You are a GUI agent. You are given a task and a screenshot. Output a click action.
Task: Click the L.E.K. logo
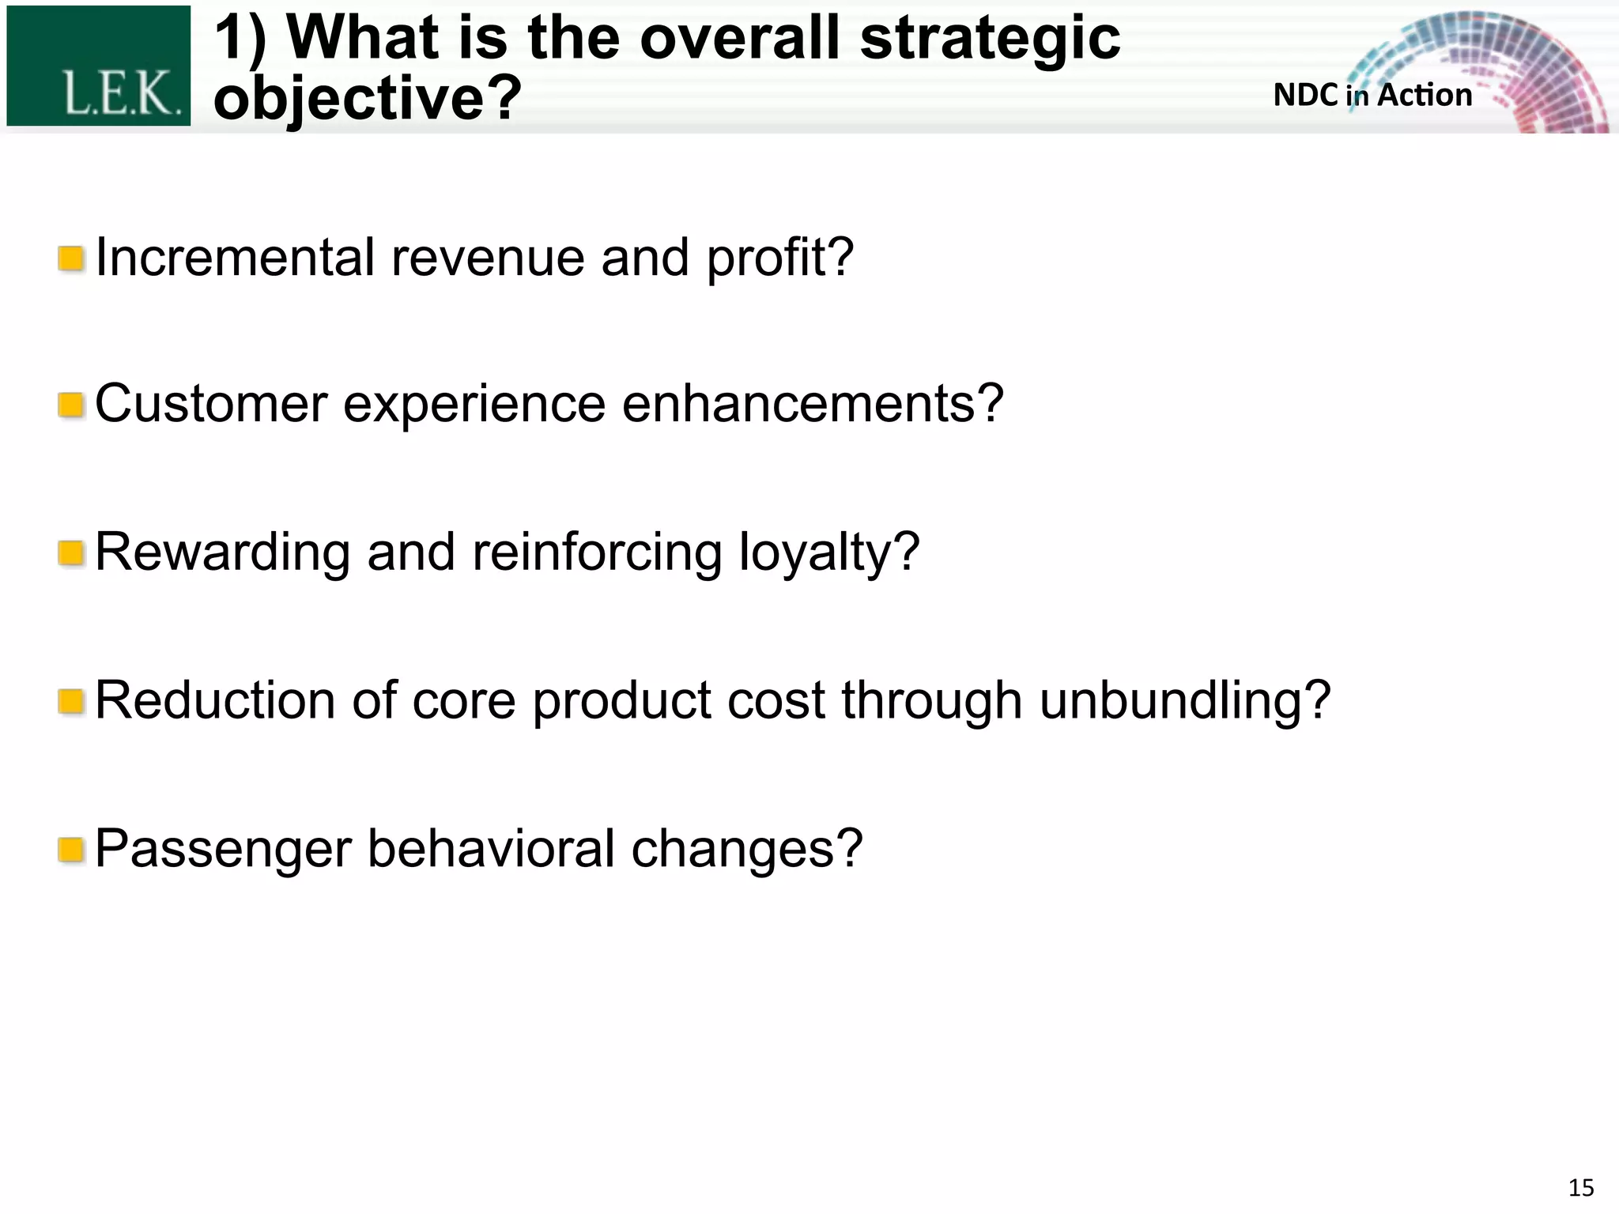click(99, 66)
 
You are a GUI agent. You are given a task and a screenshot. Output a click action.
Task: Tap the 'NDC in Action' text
click(1372, 95)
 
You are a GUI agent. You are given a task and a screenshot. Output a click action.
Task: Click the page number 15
click(1580, 1188)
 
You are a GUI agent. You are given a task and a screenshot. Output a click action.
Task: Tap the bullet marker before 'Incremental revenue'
click(71, 258)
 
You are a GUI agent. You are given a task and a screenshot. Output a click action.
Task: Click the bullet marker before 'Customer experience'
click(71, 405)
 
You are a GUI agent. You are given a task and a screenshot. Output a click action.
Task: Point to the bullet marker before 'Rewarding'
click(71, 553)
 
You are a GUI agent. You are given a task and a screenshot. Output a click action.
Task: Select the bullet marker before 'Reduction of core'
click(71, 701)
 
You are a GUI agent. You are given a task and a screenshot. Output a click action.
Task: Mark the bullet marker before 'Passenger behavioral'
click(71, 850)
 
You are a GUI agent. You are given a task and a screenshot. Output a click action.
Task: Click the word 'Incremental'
click(235, 258)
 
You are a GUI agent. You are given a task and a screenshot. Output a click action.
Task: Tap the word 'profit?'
click(779, 258)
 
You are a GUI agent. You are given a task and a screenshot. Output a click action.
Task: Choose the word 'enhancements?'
click(813, 404)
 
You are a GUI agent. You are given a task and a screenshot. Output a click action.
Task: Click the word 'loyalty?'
click(829, 552)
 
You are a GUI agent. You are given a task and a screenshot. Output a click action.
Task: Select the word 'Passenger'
click(223, 849)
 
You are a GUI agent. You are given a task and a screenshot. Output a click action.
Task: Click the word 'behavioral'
click(491, 849)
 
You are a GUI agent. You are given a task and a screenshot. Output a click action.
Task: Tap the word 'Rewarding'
click(223, 552)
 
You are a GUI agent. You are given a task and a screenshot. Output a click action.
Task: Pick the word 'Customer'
click(211, 404)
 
